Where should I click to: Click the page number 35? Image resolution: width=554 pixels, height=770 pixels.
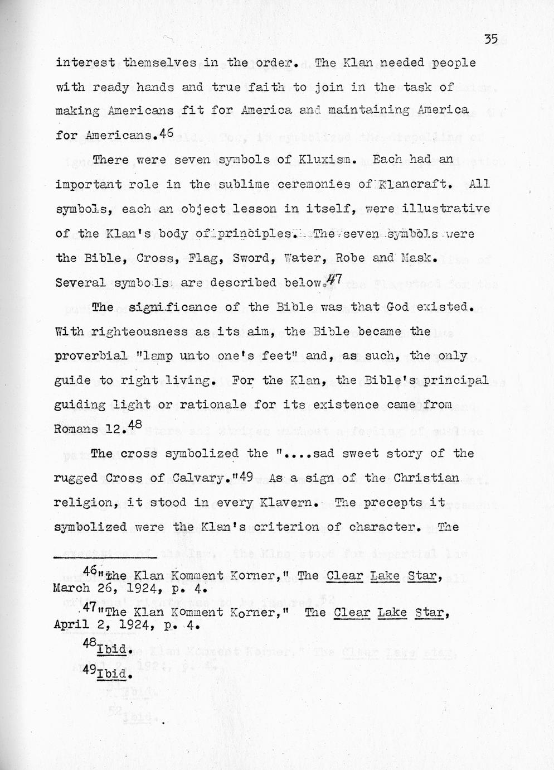[490, 39]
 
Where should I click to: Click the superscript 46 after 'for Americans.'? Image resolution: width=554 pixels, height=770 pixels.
[167, 133]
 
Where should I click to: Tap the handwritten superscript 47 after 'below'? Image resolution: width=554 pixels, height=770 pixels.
[333, 280]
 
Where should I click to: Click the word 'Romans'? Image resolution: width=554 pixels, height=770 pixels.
[76, 429]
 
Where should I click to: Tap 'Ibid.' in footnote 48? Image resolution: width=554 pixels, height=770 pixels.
[114, 651]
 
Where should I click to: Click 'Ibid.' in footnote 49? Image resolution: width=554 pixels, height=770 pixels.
[114, 675]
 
